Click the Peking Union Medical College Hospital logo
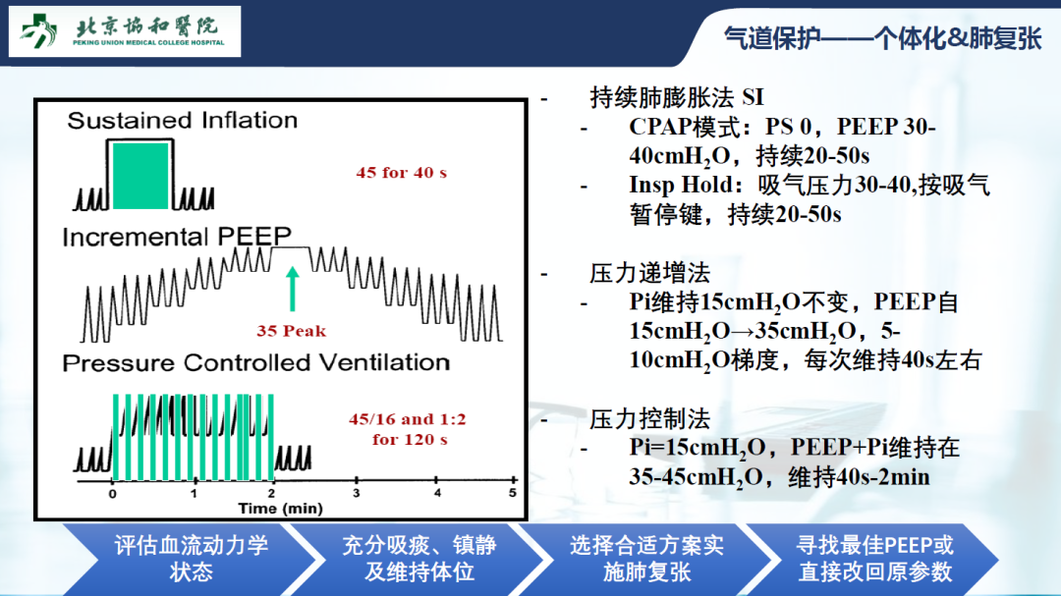(125, 31)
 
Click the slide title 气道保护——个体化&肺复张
(882, 38)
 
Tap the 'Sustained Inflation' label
(182, 121)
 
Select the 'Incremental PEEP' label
(177, 237)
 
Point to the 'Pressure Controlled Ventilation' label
(255, 362)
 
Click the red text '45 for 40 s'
(401, 173)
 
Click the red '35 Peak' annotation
(291, 331)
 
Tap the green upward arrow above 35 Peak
(293, 289)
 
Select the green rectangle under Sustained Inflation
(140, 176)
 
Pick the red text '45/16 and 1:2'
(408, 419)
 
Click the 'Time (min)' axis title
(280, 508)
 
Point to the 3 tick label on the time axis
(356, 493)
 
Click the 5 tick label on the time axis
(512, 493)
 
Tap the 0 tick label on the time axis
(112, 494)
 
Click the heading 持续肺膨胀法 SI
(677, 97)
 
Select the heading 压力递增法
(649, 273)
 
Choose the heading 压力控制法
(649, 419)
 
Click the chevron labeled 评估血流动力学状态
(191, 559)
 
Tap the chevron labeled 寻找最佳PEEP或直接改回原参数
(874, 559)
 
